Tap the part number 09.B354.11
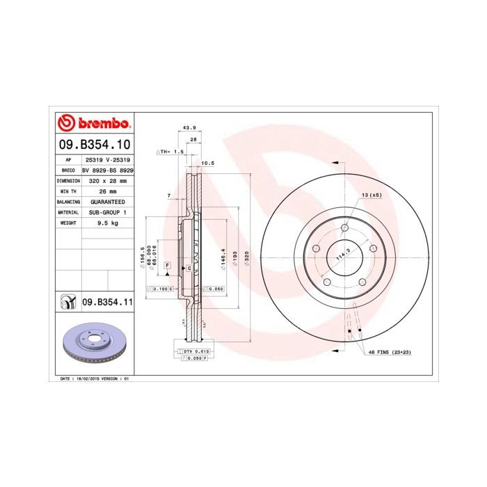[x=106, y=302]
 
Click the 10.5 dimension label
[x=207, y=163]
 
